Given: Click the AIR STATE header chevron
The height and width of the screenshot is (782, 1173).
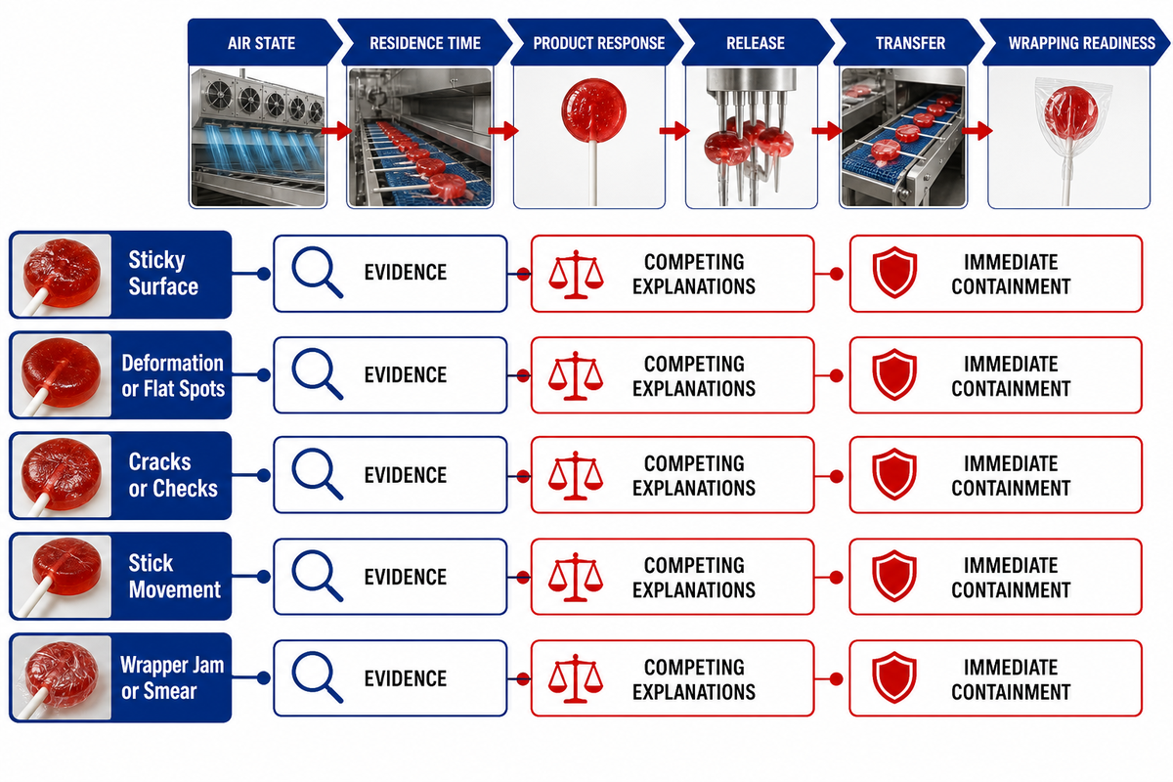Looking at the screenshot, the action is pos(262,42).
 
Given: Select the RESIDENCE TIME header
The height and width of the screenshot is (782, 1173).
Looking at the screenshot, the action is pos(424,42).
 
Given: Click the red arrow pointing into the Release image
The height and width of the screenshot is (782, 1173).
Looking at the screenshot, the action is pos(673,130).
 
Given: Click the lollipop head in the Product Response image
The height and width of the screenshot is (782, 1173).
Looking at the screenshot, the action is pos(593,110).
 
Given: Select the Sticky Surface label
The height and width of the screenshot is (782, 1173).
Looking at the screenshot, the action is pos(163,274).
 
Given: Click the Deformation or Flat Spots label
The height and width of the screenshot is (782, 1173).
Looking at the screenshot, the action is pos(173,375).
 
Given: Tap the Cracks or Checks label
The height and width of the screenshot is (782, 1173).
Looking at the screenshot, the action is pos(173,475).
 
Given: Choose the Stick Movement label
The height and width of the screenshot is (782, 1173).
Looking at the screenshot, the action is pos(174,576).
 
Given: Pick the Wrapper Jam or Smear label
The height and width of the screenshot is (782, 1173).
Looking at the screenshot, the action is pos(172,677).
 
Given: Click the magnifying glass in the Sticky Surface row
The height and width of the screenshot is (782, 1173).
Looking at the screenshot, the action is pos(317,273).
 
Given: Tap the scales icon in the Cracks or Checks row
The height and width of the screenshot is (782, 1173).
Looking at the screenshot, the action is pos(576,475).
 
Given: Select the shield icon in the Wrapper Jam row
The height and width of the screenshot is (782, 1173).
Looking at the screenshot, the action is pos(894,677).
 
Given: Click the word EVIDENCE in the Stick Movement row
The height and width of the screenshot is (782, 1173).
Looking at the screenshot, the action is pos(406,577).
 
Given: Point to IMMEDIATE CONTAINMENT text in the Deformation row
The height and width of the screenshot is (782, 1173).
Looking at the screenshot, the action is pos(1011,376).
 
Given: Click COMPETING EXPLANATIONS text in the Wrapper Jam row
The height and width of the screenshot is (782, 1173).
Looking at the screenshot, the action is pos(694,679).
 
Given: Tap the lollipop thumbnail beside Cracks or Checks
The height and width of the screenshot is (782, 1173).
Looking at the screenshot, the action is pos(62,476).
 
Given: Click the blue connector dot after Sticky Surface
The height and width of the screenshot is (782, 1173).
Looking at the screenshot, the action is pos(264,274).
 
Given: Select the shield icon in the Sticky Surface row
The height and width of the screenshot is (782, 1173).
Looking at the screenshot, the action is pos(894,273).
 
